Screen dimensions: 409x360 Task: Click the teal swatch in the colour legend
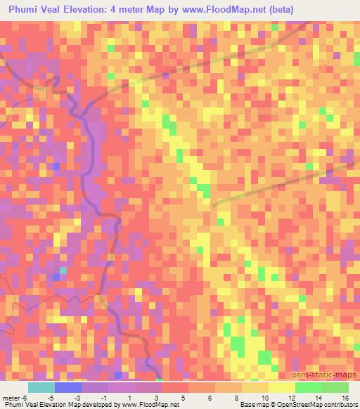coord(41,387)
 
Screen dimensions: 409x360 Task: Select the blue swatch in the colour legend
coord(68,387)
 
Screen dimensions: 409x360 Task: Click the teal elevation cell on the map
coord(63,270)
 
